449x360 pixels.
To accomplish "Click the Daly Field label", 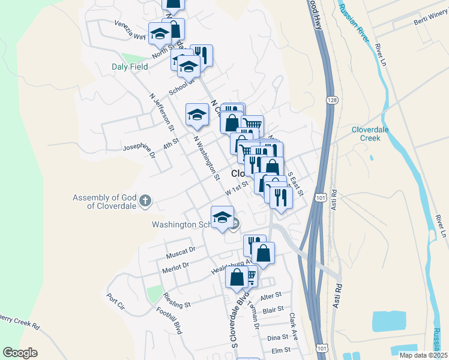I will pos(130,67).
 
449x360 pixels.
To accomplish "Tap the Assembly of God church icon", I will pos(145,201).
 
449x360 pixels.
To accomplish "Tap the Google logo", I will pos(20,353).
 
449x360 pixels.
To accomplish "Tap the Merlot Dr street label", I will pos(175,266).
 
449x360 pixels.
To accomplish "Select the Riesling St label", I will pos(179,304).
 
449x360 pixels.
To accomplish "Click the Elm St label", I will pos(281,350).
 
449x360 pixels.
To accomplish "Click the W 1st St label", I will pos(237,189).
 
